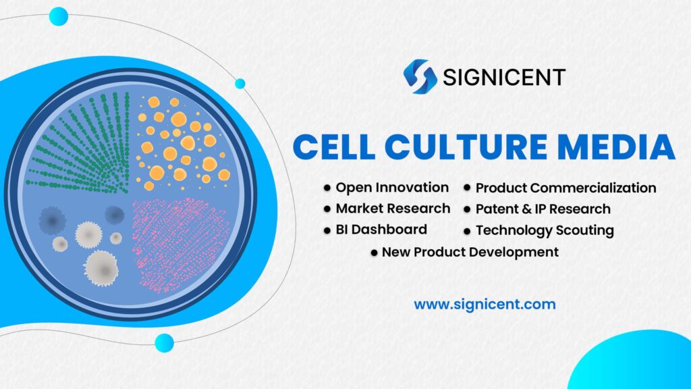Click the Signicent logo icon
coord(420,76)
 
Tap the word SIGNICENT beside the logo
coord(503,77)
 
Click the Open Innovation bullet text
coord(392,187)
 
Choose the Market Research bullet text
coord(393,208)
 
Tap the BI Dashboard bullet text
coord(381,229)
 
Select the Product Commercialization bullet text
coord(565,188)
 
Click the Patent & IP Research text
coord(543,209)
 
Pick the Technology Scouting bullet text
coord(545,230)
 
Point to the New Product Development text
coord(470,252)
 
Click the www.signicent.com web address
coord(485,304)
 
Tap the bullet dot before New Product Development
coord(374,253)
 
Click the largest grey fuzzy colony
coord(101,267)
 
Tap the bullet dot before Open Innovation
coord(327,188)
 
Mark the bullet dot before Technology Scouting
coord(467,231)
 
